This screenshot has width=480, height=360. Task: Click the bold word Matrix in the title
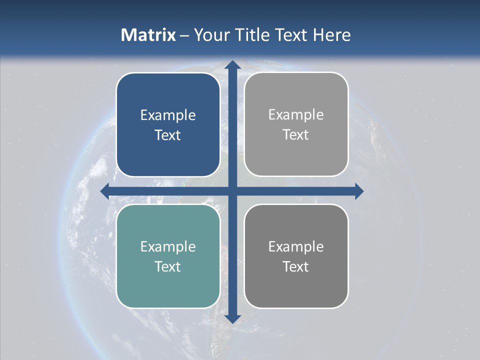tap(148, 35)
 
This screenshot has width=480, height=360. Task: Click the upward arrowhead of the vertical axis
tap(232, 65)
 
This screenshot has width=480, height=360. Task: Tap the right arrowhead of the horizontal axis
tap(358, 191)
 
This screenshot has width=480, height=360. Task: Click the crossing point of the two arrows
tap(232, 191)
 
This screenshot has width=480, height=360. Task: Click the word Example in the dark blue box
tap(168, 115)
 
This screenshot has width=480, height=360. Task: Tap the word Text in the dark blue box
tap(168, 135)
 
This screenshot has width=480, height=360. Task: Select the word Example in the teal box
tap(168, 246)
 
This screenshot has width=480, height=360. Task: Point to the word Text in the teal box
tap(168, 266)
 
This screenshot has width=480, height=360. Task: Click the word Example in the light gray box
tap(296, 115)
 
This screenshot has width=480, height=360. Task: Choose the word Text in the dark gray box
tap(296, 266)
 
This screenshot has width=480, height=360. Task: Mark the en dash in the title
tap(184, 35)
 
